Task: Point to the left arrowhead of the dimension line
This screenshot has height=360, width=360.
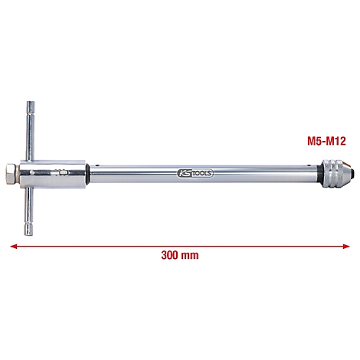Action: (x=12, y=245)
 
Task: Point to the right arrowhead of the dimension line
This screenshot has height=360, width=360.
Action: (x=349, y=245)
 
